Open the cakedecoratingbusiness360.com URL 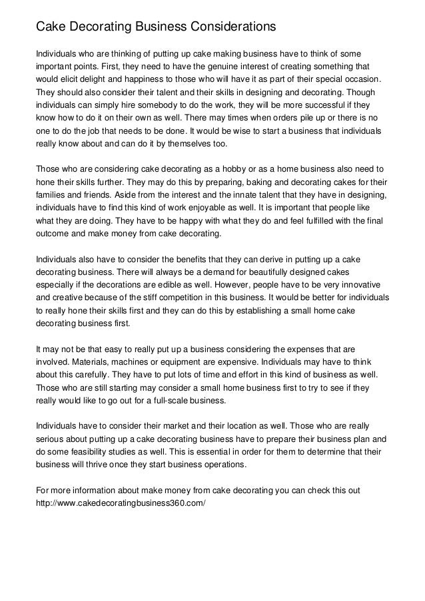(120, 503)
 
